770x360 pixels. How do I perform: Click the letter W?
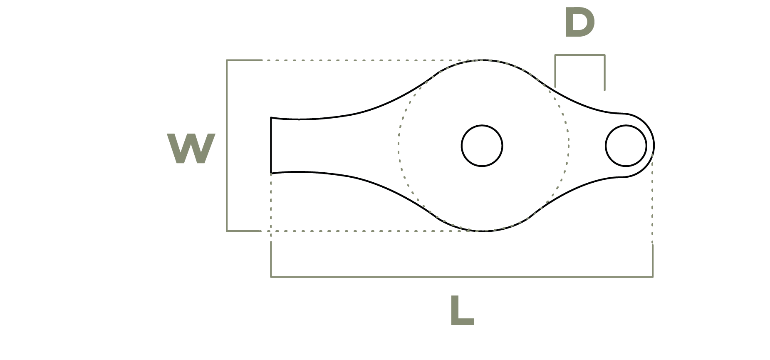click(191, 149)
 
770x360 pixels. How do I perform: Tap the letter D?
click(579, 23)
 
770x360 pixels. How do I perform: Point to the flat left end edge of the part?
click(271, 145)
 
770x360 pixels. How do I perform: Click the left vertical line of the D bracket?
click(555, 71)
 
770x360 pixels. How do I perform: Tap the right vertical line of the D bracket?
click(604, 72)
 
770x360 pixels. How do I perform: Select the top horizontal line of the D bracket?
click(579, 55)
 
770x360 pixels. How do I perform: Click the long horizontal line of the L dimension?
click(462, 276)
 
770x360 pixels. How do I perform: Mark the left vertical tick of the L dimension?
click(271, 259)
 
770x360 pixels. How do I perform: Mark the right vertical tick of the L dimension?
click(653, 261)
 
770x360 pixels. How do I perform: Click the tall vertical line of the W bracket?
click(227, 145)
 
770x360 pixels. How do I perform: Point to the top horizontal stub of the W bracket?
click(244, 60)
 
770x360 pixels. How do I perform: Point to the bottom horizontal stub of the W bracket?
click(244, 231)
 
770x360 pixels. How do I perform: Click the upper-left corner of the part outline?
click(271, 117)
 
